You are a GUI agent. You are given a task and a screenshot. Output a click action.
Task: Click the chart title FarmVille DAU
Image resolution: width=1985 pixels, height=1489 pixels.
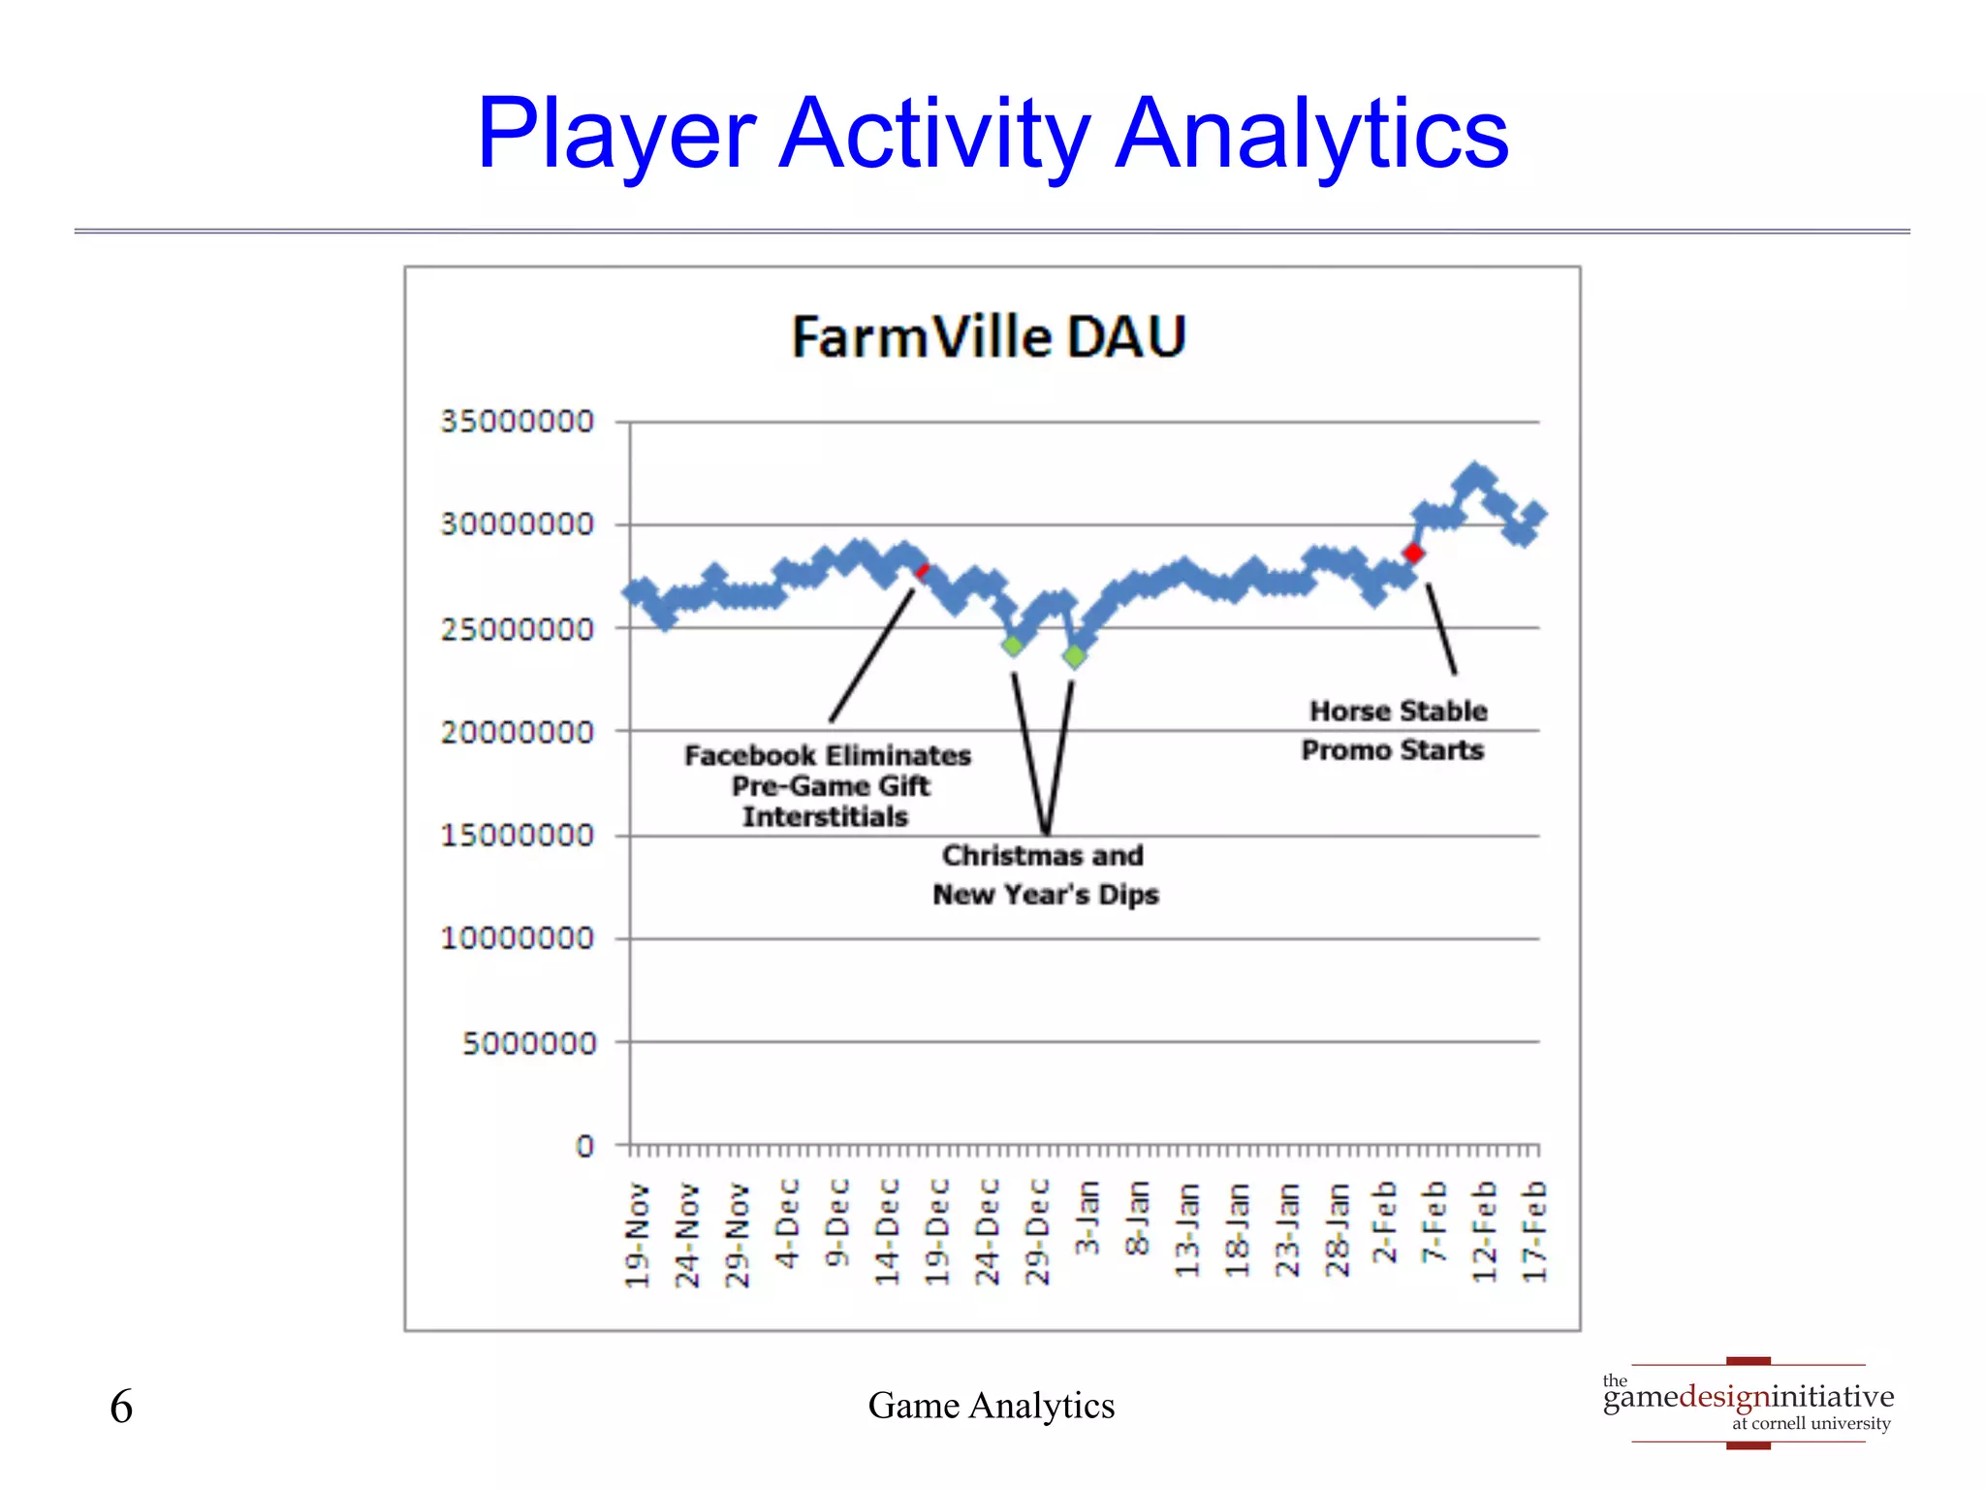(989, 337)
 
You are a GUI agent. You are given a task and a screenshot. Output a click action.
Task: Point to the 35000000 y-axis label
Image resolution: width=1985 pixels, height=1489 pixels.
(517, 422)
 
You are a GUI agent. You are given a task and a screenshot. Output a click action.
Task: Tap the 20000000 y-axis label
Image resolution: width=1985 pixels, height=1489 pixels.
(517, 732)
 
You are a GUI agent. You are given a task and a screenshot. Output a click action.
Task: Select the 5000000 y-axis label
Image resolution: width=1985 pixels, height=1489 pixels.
(528, 1043)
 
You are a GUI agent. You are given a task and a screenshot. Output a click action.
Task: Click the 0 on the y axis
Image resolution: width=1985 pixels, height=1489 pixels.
(584, 1146)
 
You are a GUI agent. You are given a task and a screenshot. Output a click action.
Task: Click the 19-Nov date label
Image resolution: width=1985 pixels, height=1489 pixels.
(637, 1235)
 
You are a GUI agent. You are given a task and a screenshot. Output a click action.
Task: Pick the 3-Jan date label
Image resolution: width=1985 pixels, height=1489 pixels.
(1087, 1218)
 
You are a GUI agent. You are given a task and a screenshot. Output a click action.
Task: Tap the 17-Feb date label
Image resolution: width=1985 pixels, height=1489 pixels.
(1534, 1231)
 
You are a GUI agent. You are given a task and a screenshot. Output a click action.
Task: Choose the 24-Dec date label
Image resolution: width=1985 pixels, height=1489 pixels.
(987, 1232)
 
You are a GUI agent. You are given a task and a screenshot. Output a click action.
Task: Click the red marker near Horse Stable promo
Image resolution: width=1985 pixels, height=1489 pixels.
(1413, 554)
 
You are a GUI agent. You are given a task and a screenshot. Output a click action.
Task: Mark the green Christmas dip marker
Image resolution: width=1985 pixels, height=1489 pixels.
(1013, 646)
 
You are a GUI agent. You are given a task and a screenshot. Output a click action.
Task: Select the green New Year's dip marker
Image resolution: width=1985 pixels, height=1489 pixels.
(1074, 656)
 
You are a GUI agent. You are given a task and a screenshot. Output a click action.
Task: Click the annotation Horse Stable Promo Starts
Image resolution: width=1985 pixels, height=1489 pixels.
(1395, 731)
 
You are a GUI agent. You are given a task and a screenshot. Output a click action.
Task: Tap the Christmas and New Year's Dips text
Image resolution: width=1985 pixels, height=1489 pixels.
(1045, 874)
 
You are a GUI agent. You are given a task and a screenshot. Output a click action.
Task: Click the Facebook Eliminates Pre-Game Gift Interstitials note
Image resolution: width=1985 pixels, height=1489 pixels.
(827, 785)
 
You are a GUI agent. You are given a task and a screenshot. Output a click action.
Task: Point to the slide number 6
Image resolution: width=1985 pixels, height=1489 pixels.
(121, 1407)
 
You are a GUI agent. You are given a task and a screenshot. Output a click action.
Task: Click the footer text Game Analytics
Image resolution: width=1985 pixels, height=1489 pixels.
(991, 1406)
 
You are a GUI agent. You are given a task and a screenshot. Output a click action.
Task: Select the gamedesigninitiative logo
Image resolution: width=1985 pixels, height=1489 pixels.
(1748, 1403)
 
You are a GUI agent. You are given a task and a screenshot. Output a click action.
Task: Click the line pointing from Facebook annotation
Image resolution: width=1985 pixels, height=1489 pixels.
(871, 655)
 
